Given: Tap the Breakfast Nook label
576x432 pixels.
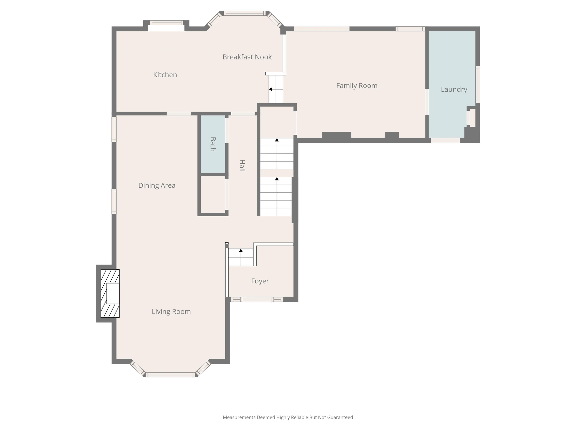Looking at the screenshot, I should (247, 57).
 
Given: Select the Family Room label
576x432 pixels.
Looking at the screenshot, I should (357, 86).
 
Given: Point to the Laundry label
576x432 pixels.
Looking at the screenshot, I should (454, 89).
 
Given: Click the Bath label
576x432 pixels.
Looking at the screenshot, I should (213, 144).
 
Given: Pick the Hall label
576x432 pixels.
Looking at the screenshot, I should (242, 166).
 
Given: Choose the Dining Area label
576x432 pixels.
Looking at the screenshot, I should (156, 185).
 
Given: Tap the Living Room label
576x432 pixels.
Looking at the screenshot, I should (171, 311).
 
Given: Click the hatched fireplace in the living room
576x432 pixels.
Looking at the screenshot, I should (110, 293).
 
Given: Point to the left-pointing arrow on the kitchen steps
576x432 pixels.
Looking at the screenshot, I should (271, 89).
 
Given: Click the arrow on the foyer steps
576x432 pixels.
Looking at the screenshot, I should (241, 251).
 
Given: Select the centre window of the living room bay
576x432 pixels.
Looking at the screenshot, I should (170, 375).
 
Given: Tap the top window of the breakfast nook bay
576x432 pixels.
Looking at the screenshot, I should (245, 13).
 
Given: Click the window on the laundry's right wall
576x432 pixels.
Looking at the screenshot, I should (478, 85).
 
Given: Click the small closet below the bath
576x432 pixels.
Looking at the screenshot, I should (213, 194).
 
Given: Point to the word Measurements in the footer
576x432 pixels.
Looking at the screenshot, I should (239, 417).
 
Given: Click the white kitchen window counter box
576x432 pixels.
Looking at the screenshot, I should (166, 28).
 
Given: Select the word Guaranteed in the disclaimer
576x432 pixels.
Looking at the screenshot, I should (340, 417).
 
